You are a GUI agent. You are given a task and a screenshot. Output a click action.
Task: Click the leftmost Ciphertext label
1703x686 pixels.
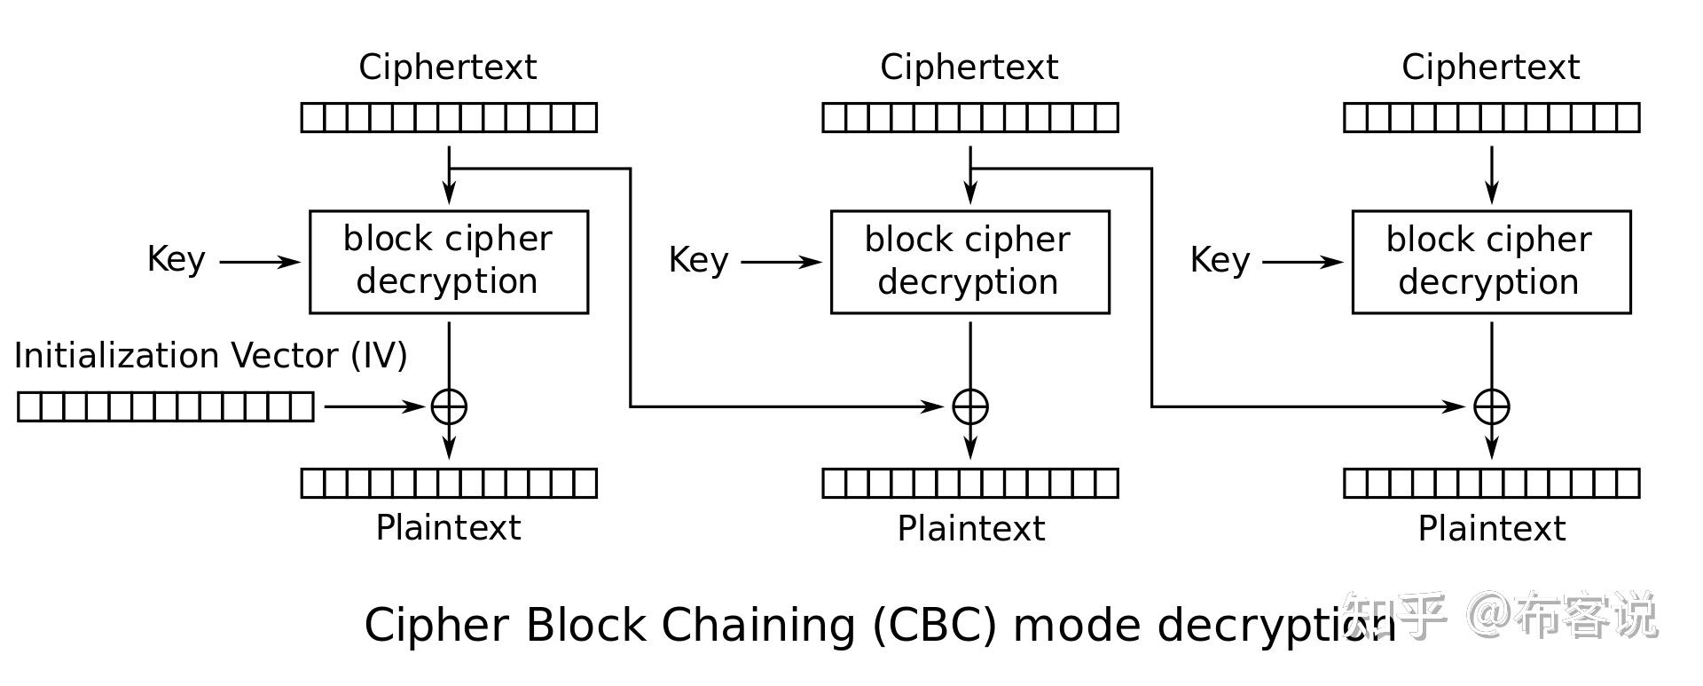[x=448, y=67]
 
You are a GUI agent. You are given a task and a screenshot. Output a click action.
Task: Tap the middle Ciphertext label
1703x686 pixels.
[x=969, y=67]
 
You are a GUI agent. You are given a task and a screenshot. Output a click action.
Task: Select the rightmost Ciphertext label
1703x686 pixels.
[x=1491, y=67]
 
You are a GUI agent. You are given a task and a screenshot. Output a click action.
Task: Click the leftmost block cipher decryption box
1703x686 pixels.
[x=449, y=262]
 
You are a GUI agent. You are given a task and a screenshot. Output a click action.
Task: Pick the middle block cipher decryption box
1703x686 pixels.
[x=969, y=262]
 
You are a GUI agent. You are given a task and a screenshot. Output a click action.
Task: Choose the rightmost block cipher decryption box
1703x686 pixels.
[x=1491, y=262]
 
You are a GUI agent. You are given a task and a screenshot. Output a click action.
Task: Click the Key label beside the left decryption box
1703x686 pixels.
[x=177, y=260]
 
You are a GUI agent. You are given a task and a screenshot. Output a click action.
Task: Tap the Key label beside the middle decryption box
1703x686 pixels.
[x=698, y=260]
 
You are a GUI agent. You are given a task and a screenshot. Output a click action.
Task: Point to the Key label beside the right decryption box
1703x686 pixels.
[x=1220, y=260]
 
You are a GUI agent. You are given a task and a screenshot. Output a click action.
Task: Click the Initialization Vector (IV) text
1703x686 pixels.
[x=211, y=356]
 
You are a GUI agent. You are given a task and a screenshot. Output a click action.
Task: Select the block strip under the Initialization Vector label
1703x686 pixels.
[x=166, y=406]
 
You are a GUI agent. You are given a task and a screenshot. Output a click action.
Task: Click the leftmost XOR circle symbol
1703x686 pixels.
[x=449, y=406]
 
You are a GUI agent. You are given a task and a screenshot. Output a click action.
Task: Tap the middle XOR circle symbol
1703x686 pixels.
[x=970, y=406]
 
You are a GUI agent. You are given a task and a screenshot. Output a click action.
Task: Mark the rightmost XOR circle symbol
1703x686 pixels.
[x=1492, y=406]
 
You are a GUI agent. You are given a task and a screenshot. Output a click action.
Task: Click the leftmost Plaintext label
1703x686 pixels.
[x=449, y=528]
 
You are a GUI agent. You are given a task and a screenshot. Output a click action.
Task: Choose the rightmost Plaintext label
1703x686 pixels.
[x=1492, y=529]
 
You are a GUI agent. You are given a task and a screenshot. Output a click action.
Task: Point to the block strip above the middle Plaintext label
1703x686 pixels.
[x=970, y=484]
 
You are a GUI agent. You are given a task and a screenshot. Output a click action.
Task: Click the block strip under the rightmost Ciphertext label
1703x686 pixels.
[x=1492, y=117]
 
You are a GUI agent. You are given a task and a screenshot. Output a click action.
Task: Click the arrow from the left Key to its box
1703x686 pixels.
[x=260, y=262]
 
